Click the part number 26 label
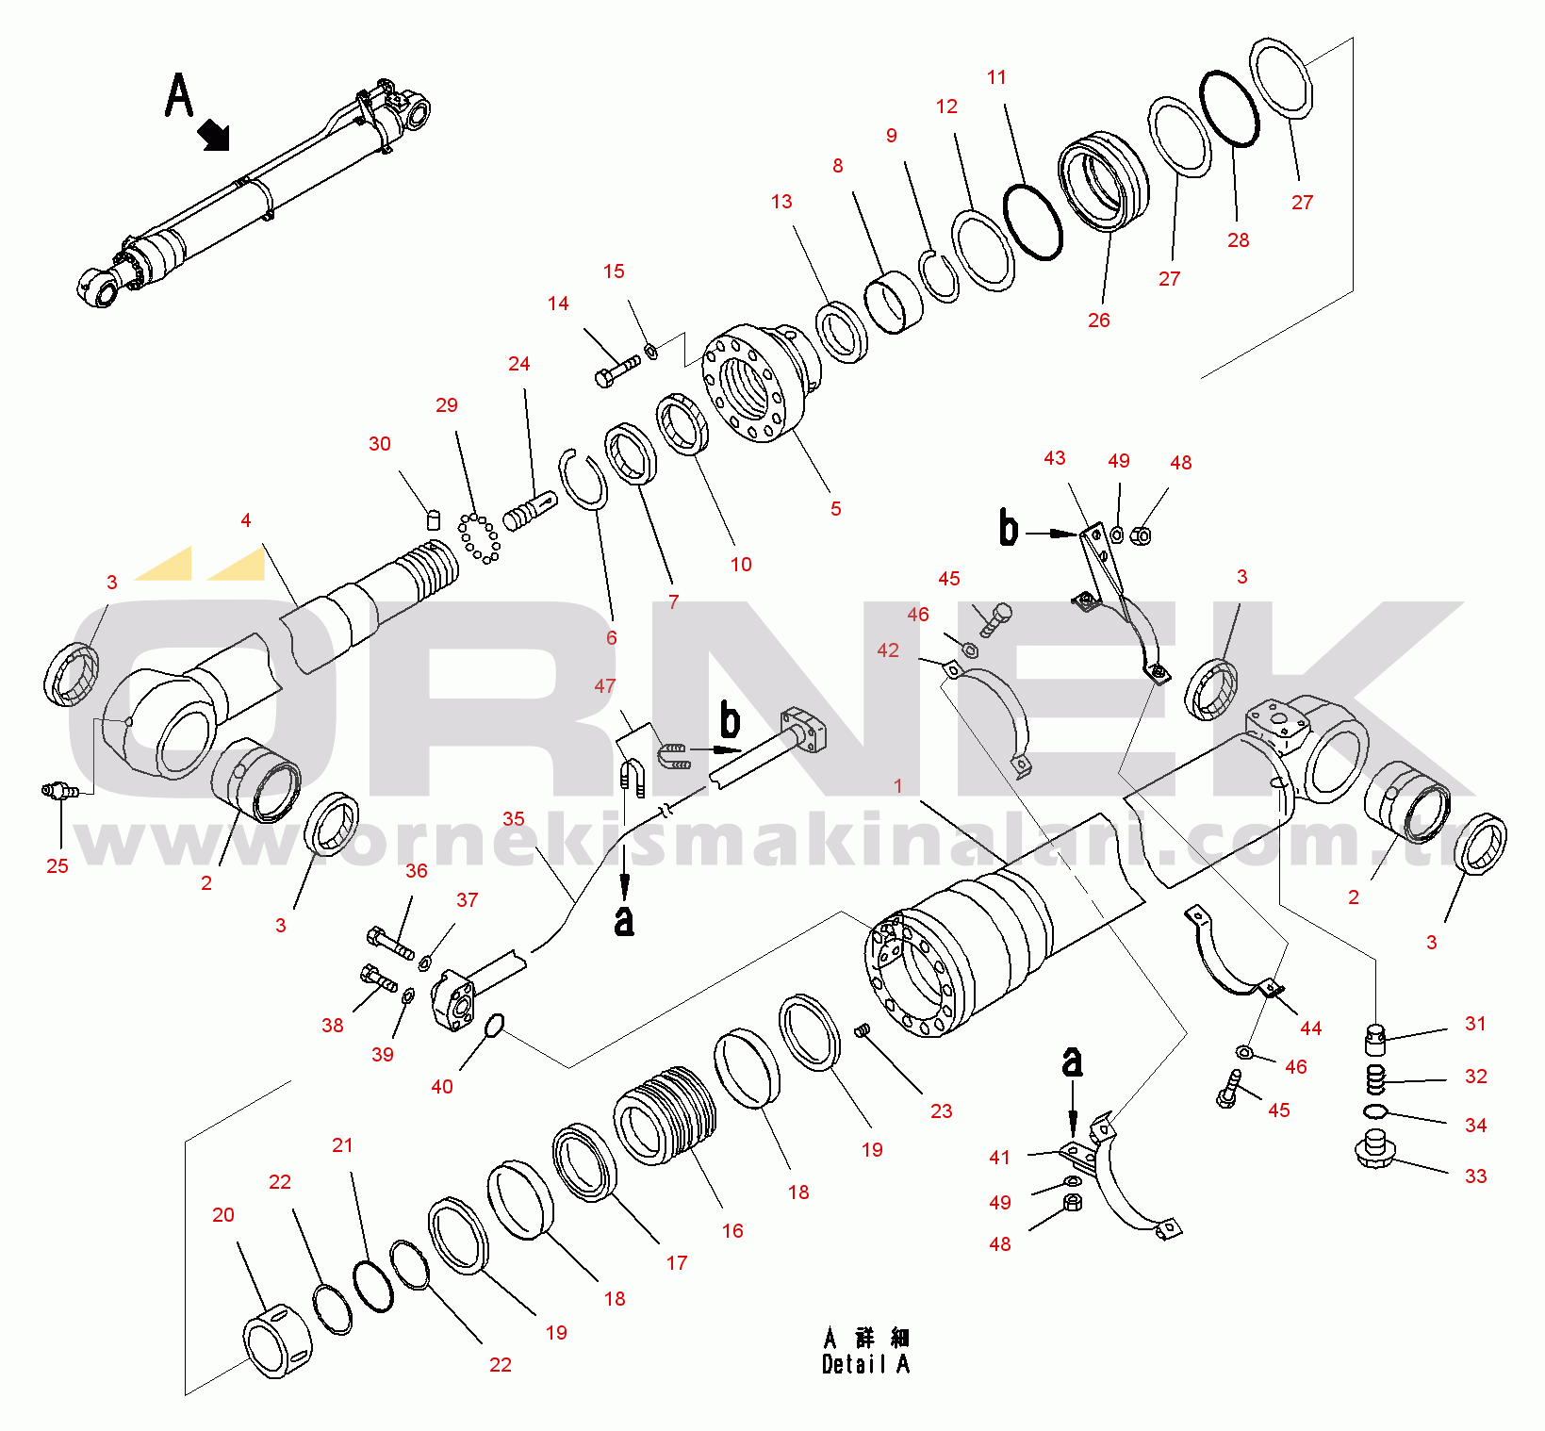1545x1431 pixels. (x=1099, y=321)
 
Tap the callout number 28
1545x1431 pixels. (x=1238, y=240)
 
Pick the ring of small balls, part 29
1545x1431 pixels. (x=479, y=538)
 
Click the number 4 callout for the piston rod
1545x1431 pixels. (x=246, y=520)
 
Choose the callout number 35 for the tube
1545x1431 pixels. (x=514, y=819)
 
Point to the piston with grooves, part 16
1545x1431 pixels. (x=665, y=1116)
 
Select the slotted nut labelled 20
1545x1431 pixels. (x=277, y=1341)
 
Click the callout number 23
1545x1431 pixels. (x=941, y=1111)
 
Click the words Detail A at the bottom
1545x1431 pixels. (x=865, y=1364)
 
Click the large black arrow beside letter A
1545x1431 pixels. (x=214, y=135)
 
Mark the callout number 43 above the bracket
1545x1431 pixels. (x=1055, y=458)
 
